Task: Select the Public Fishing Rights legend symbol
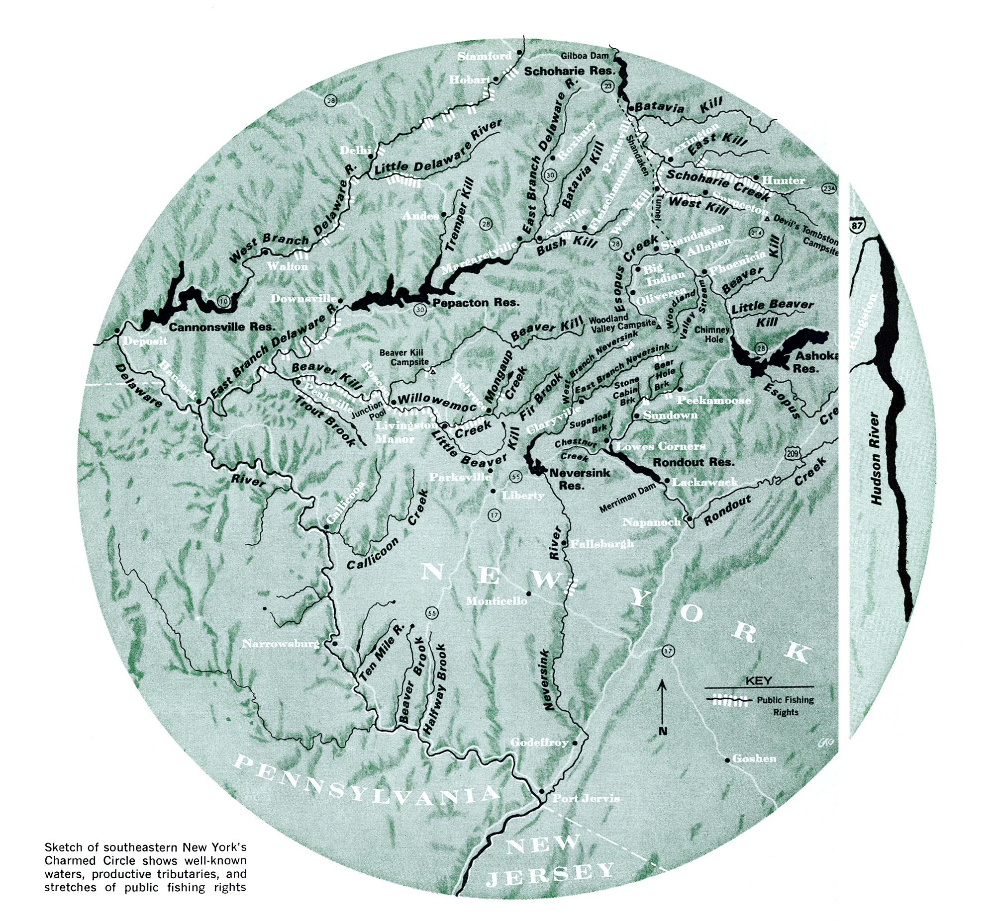tap(728, 700)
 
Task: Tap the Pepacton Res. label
tap(476, 302)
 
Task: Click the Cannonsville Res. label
tap(222, 327)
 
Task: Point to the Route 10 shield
tap(224, 300)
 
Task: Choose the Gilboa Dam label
tap(585, 56)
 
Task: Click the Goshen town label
tap(754, 758)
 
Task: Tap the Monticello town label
tap(496, 601)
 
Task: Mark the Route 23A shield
tap(829, 188)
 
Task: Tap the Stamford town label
tap(484, 56)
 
